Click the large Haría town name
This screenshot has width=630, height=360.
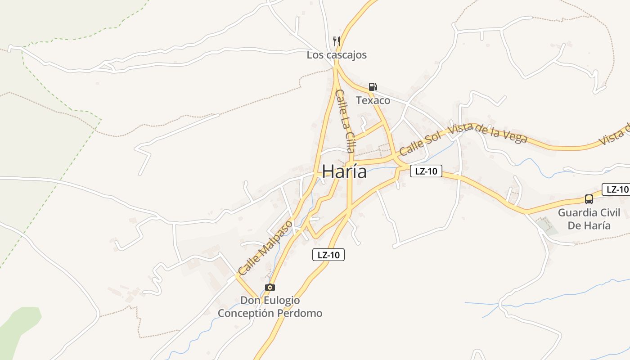point(344,171)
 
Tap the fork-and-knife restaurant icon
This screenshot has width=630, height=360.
point(337,41)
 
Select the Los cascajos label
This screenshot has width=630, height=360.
point(337,55)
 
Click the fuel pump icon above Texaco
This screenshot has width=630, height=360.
point(373,87)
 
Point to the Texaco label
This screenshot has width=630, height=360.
point(373,100)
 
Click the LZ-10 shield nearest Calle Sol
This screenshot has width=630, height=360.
point(426,171)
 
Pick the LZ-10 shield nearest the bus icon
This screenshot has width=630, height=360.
point(616,189)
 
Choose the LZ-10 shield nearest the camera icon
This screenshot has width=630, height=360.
point(328,255)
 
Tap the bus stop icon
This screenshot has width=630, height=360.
point(589,199)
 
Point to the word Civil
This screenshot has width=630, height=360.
point(609,213)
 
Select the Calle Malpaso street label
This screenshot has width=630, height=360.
point(265,247)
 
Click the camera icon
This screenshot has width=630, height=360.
point(270,287)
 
